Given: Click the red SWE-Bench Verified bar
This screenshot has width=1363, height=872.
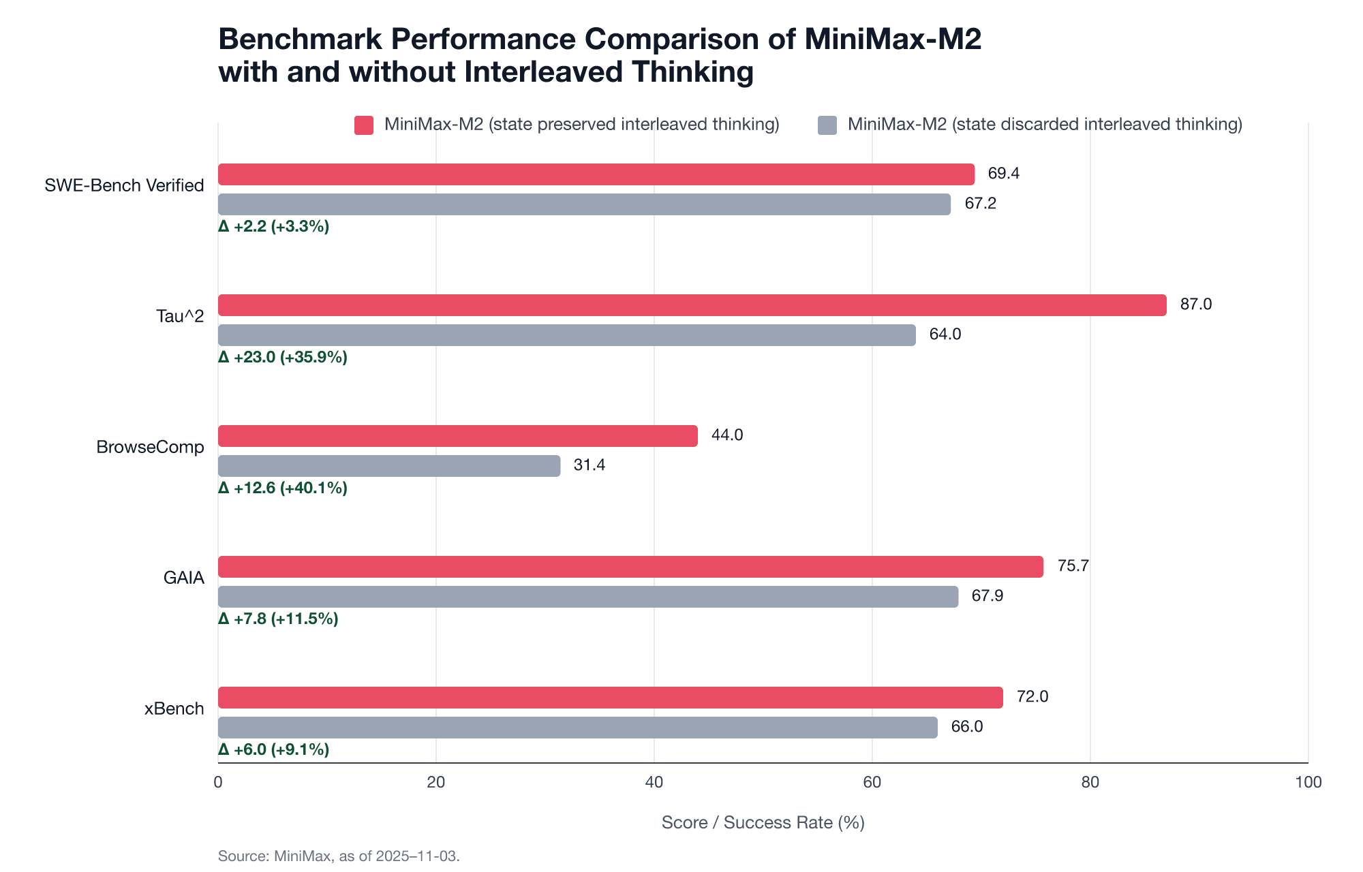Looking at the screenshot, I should tap(596, 174).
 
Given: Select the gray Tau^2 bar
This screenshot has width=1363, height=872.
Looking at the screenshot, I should tap(566, 335).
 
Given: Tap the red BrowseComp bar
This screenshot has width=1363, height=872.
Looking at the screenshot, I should tap(457, 436).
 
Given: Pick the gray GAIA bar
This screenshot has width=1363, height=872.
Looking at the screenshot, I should tap(587, 597).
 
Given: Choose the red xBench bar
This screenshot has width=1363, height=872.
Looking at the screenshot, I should tap(610, 698).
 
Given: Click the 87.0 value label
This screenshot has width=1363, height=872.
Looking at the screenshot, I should tap(1195, 305).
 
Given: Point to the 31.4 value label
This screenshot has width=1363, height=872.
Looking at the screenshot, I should tap(589, 465).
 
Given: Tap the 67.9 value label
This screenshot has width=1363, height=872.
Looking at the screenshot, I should tap(987, 596).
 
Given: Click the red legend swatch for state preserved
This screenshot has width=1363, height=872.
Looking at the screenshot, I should tap(364, 125).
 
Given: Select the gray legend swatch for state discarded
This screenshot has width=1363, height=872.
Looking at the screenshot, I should tap(827, 125).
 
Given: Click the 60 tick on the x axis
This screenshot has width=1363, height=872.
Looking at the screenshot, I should tap(872, 782).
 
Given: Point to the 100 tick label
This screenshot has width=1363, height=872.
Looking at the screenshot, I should tap(1308, 782).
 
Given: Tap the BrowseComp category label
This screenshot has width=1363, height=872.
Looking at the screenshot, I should tap(150, 447).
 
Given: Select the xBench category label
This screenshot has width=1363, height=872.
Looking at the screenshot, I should tap(174, 708).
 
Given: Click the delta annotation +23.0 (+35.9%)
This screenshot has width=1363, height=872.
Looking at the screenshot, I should tap(283, 357).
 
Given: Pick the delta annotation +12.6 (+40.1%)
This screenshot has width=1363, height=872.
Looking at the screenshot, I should tap(283, 488).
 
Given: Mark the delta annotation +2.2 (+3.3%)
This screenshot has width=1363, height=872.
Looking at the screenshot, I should tap(274, 226).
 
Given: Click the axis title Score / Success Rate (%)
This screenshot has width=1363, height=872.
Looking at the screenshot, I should tap(763, 823).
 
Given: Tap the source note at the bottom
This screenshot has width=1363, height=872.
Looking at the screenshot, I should tap(339, 856).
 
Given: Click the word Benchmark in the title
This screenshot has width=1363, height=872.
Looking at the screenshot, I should tap(300, 40).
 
